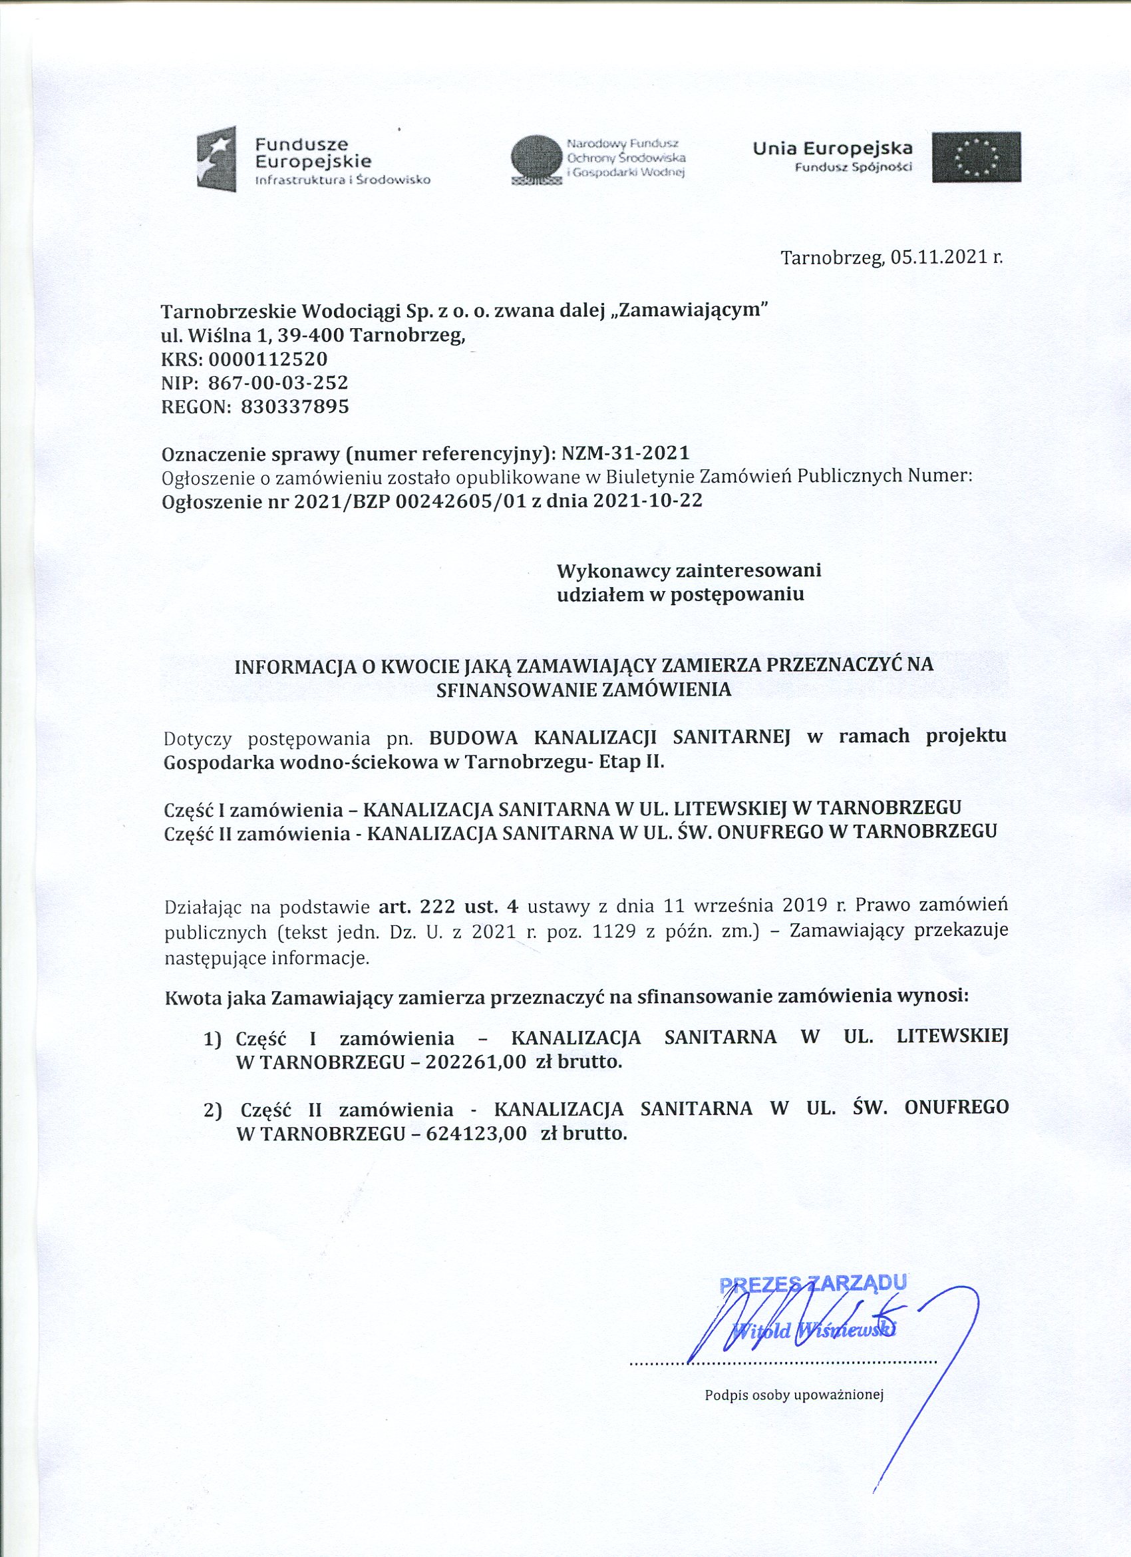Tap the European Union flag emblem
tap(975, 157)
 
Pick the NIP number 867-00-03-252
tap(278, 382)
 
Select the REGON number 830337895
tap(295, 407)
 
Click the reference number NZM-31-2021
tap(625, 453)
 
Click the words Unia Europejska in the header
tap(832, 148)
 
